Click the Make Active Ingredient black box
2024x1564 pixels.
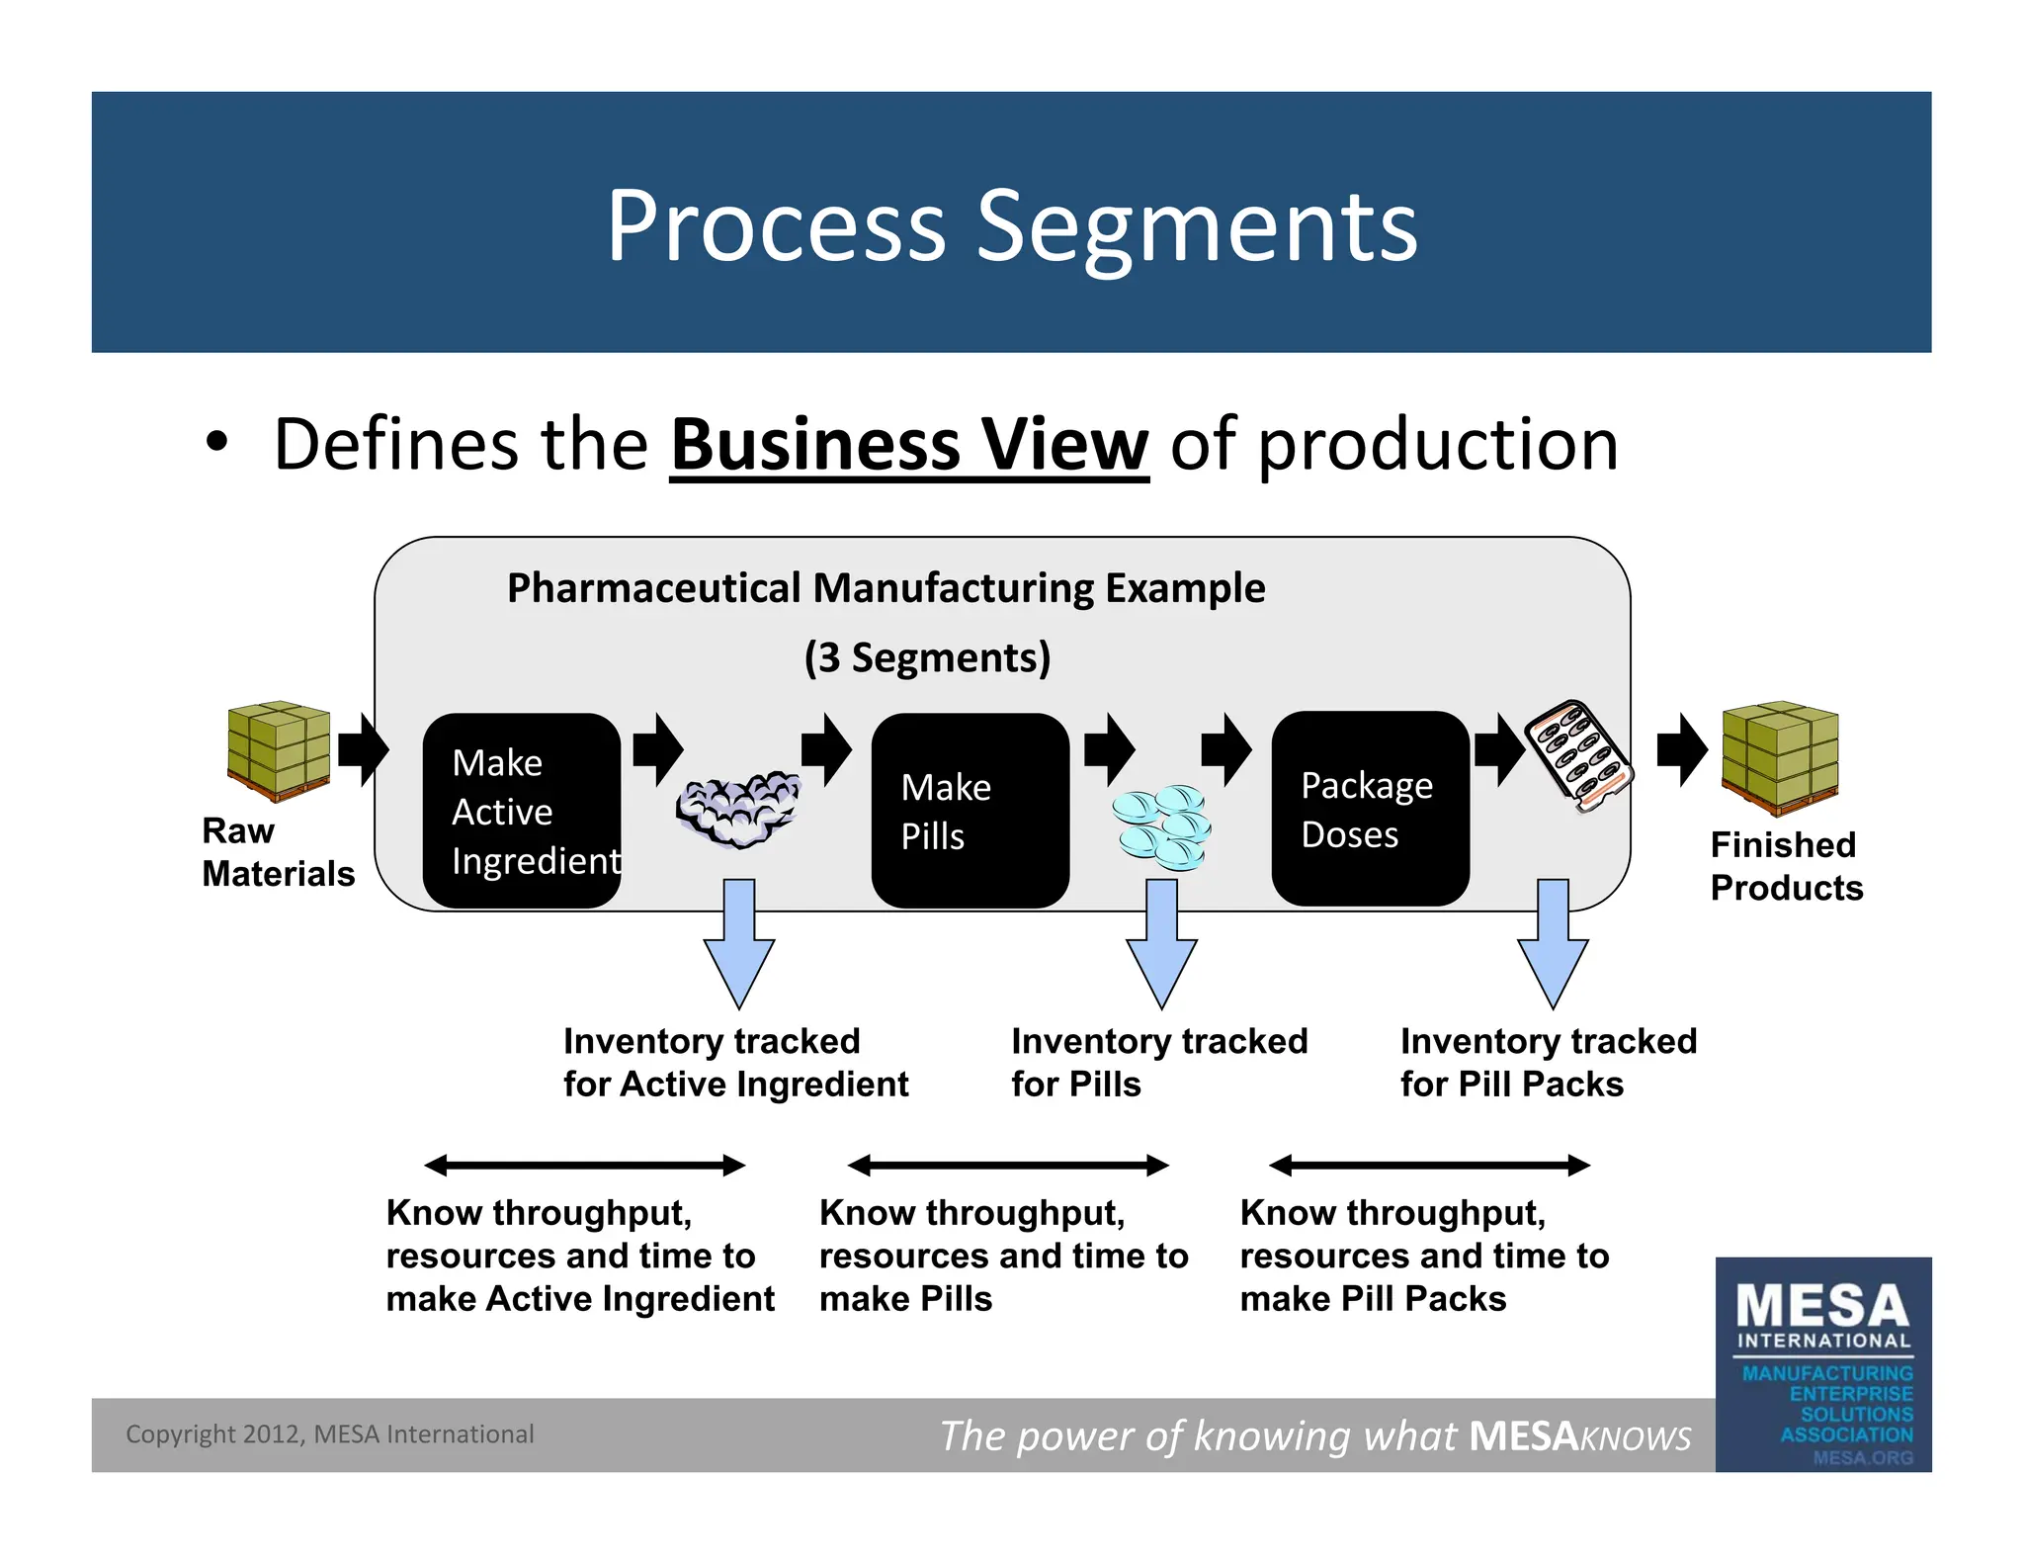click(x=521, y=810)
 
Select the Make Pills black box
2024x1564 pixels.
click(x=970, y=810)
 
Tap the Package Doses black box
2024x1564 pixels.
click(x=1369, y=808)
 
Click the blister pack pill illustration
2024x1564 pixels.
click(x=1577, y=755)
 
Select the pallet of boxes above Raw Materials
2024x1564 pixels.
click(x=279, y=750)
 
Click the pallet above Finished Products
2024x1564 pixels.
click(x=1779, y=756)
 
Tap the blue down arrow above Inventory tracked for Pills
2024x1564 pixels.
click(x=1161, y=944)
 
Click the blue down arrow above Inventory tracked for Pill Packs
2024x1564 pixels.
click(x=1552, y=944)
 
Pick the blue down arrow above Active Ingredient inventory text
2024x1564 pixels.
click(x=738, y=944)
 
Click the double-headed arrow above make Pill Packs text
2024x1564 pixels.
click(x=1429, y=1166)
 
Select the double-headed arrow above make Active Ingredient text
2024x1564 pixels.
click(x=584, y=1166)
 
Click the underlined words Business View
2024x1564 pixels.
click(x=908, y=445)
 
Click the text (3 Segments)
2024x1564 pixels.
click(x=927, y=657)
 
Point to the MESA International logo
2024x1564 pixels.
click(x=1822, y=1364)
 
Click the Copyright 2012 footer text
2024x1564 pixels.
click(x=329, y=1434)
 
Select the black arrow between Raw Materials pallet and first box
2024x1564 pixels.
click(x=362, y=749)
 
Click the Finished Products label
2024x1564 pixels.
click(x=1785, y=866)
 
